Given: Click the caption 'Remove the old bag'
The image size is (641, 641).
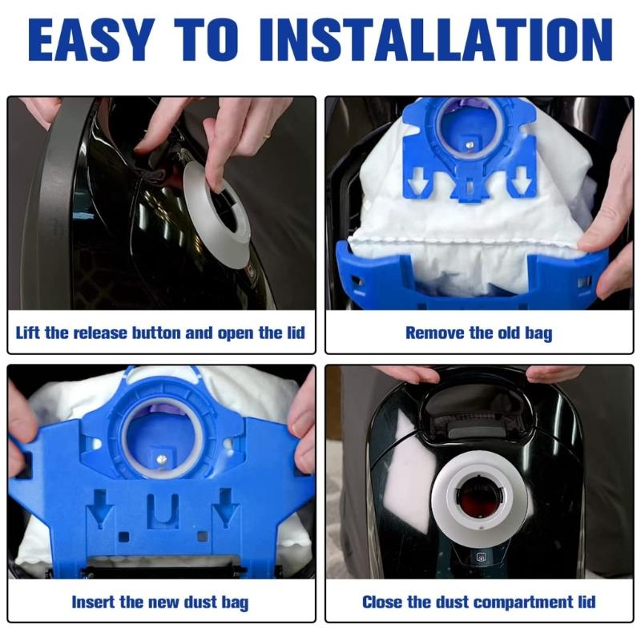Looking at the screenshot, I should pos(478,333).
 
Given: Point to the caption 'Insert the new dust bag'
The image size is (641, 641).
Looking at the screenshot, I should pos(160,602).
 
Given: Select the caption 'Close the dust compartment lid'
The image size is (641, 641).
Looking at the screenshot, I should pos(478,602).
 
